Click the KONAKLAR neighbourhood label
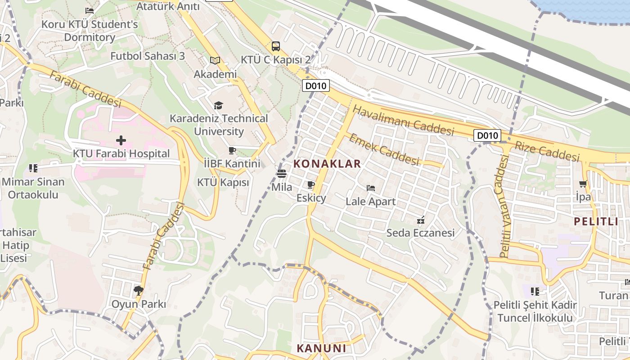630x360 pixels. pos(327,164)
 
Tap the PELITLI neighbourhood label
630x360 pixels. pos(596,221)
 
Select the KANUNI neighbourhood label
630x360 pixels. pos(321,348)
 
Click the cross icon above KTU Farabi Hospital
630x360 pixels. pos(121,140)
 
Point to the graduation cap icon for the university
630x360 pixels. pos(218,105)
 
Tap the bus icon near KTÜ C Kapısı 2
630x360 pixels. pos(275,46)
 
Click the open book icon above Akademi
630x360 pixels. pos(215,61)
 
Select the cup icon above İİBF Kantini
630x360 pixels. pos(232,150)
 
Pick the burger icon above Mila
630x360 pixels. pos(282,173)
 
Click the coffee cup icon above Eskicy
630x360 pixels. pos(310,184)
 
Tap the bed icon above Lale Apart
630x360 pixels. pos(371,188)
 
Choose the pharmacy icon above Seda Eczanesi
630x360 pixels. pos(421,220)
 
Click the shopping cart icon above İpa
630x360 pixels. pos(583,184)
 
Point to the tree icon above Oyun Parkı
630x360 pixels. pos(139,291)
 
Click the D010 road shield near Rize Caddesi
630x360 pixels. pos(487,135)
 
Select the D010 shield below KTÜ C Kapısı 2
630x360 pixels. pos(315,86)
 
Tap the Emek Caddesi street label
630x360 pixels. pos(384,149)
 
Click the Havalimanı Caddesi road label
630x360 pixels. pos(403,120)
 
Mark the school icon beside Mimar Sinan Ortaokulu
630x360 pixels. pos(33,168)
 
